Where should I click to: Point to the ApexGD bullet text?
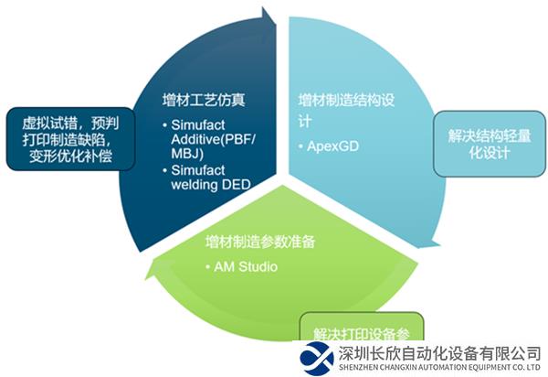(x=331, y=145)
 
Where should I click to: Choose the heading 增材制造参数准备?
(x=261, y=242)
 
